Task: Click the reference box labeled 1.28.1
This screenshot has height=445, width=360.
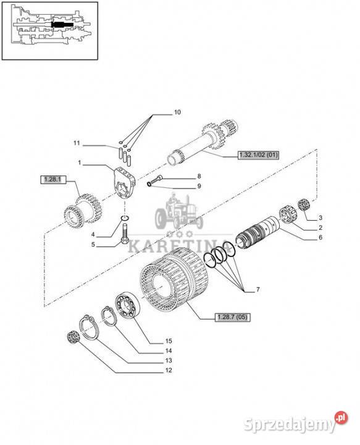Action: [53, 179]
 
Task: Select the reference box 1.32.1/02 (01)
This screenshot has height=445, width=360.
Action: [258, 155]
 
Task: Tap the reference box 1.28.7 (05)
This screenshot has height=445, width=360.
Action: [233, 317]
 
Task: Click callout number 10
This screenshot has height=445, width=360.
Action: [177, 112]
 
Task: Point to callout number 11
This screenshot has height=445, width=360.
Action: [77, 143]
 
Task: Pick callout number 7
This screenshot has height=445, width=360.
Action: [257, 290]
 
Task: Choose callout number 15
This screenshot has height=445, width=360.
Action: [169, 341]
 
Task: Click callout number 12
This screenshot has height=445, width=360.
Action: [169, 370]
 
